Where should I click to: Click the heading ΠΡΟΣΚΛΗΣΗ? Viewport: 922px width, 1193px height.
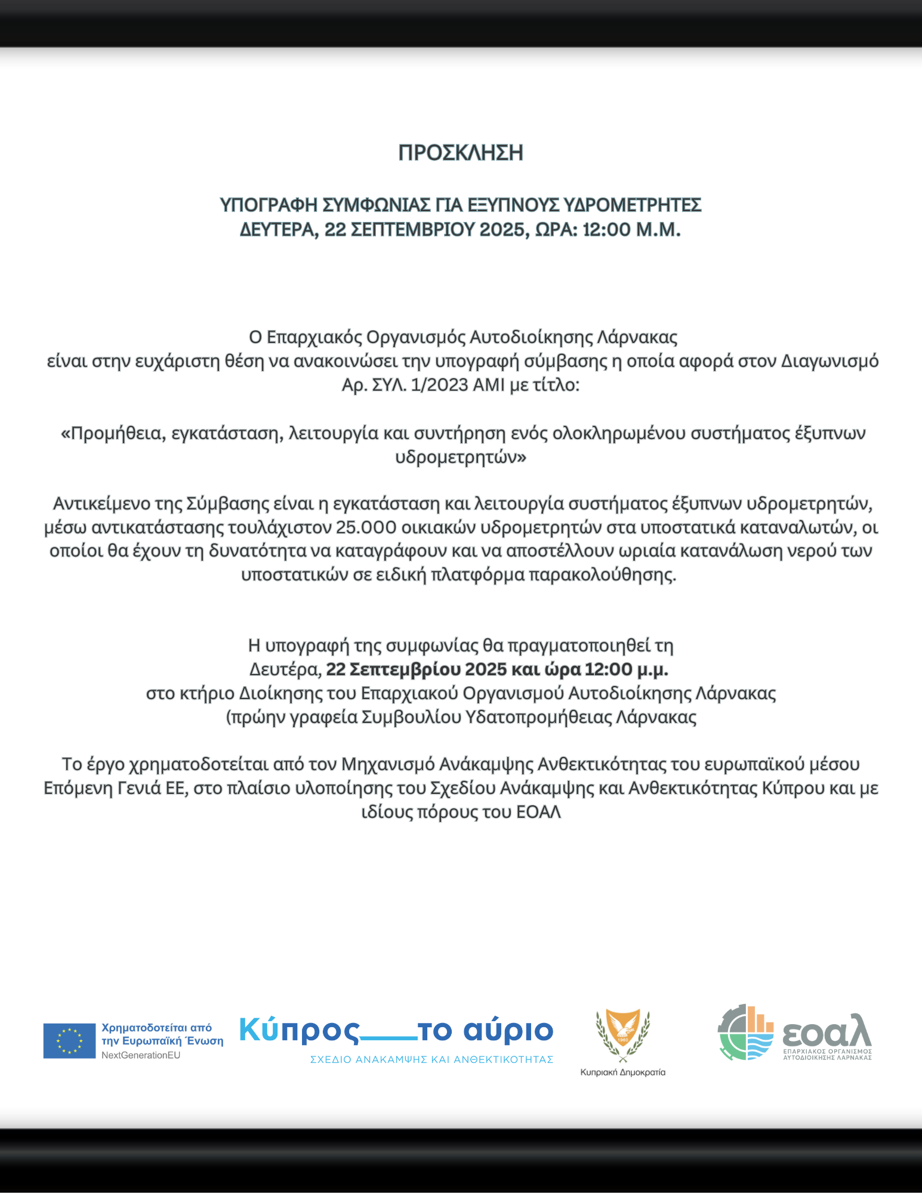coord(461,153)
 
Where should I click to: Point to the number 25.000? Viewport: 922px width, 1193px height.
coord(366,527)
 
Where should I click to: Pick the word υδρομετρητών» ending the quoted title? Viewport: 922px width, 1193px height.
coord(461,458)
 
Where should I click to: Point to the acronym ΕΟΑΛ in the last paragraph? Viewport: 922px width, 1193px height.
coord(538,812)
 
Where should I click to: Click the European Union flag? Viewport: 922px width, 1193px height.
coord(69,1041)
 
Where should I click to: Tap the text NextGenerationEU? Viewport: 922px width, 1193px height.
coord(141,1055)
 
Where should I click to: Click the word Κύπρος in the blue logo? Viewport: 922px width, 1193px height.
coord(300,1031)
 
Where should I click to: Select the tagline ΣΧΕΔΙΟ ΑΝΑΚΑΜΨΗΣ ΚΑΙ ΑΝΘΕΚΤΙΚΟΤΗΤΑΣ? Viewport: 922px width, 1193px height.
coord(431,1059)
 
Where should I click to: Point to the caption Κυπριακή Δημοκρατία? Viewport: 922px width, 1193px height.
coord(622,1072)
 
